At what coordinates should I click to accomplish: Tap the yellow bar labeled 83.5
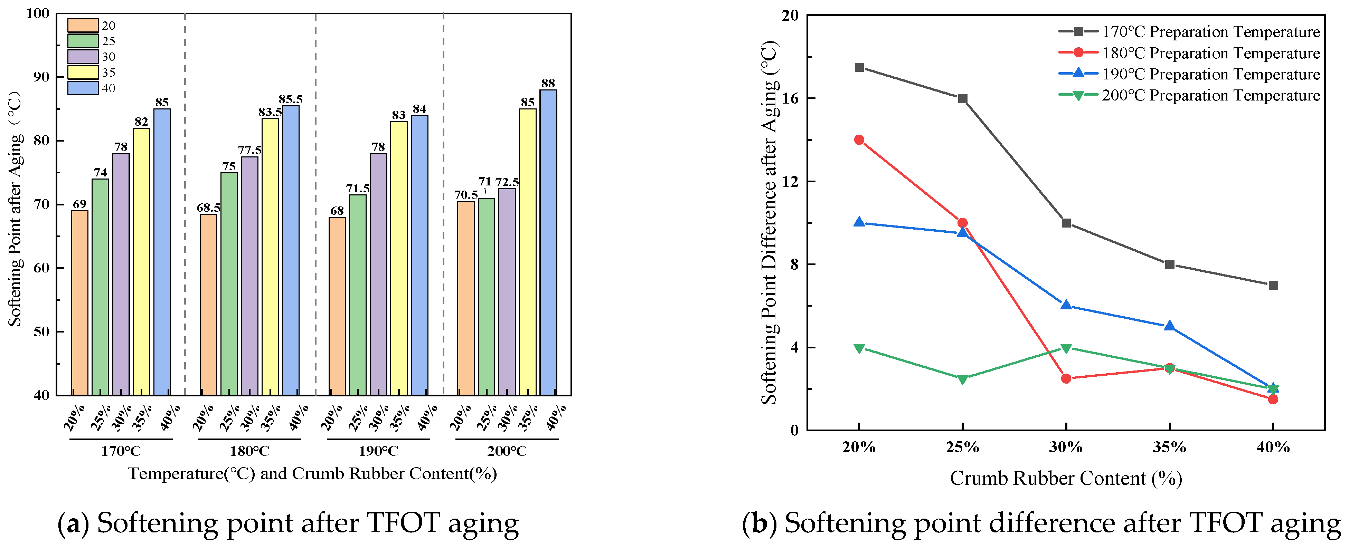[270, 257]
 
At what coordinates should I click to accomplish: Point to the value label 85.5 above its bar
[291, 99]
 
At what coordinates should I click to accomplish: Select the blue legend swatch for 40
[83, 88]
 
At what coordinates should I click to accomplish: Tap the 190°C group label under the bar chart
[378, 451]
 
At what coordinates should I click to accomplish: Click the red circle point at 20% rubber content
[859, 140]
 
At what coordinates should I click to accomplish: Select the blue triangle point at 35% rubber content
[1169, 326]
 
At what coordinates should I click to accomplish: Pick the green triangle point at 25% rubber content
[963, 379]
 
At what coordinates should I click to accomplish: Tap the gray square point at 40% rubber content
[1273, 285]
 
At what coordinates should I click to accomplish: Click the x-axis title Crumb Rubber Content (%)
[1066, 478]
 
